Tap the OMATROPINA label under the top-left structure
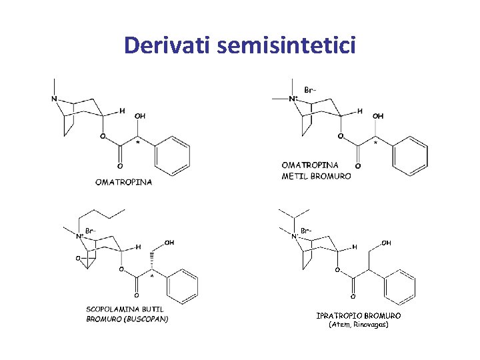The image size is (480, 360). click(123, 181)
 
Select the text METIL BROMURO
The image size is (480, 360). click(316, 176)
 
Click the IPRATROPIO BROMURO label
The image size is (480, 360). click(359, 315)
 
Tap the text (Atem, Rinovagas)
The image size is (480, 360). click(359, 325)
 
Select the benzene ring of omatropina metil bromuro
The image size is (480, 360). click(409, 155)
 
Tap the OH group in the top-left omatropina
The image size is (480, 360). click(140, 116)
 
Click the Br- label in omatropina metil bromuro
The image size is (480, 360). click(311, 89)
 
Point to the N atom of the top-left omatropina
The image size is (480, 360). click(54, 99)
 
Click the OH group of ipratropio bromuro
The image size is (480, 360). click(386, 243)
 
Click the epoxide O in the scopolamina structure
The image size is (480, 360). click(79, 257)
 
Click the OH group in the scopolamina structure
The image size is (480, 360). click(169, 243)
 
